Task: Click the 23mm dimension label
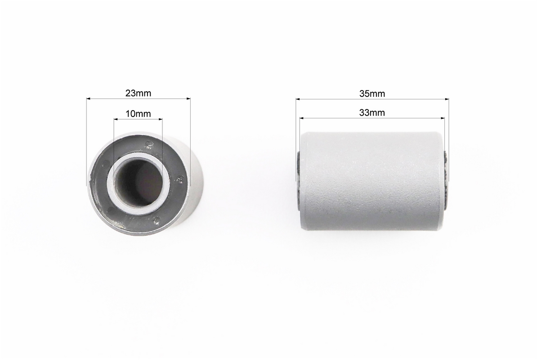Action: coord(138,93)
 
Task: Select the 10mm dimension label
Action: coord(138,114)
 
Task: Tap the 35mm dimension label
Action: coord(372,94)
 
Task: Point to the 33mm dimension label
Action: coord(372,112)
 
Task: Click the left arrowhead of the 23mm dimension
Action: coord(88,99)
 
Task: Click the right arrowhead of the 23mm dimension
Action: coord(188,99)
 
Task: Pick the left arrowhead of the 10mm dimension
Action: coord(116,119)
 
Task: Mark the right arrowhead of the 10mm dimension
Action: coord(160,119)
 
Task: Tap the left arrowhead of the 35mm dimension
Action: coord(298,99)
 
